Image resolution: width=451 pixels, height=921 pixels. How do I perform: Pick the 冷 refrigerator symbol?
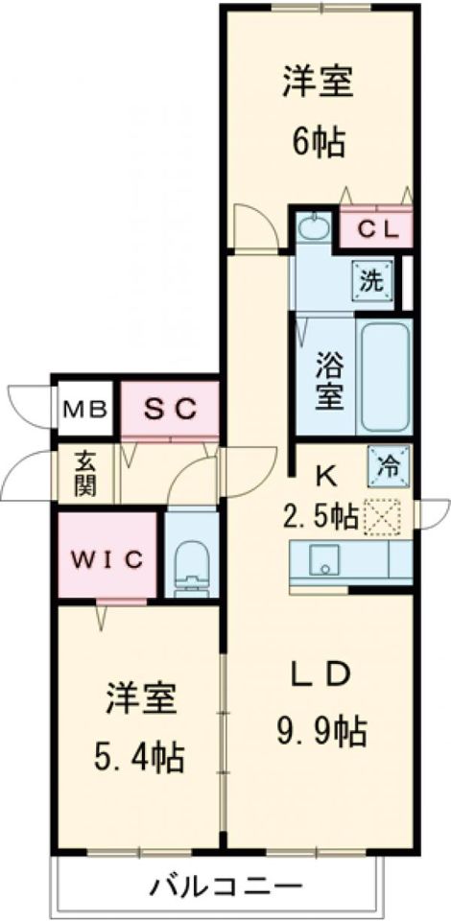389,466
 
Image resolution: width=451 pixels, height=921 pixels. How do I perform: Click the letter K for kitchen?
326,475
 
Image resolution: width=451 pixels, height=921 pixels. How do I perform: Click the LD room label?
319,675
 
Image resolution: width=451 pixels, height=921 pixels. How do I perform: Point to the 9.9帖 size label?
319,734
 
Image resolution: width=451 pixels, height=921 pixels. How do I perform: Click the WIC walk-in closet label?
107,556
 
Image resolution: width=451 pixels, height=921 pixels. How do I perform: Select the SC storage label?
170,409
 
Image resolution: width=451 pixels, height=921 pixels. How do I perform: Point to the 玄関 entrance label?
85,473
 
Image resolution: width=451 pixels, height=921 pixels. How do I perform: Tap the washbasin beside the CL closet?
312,228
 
